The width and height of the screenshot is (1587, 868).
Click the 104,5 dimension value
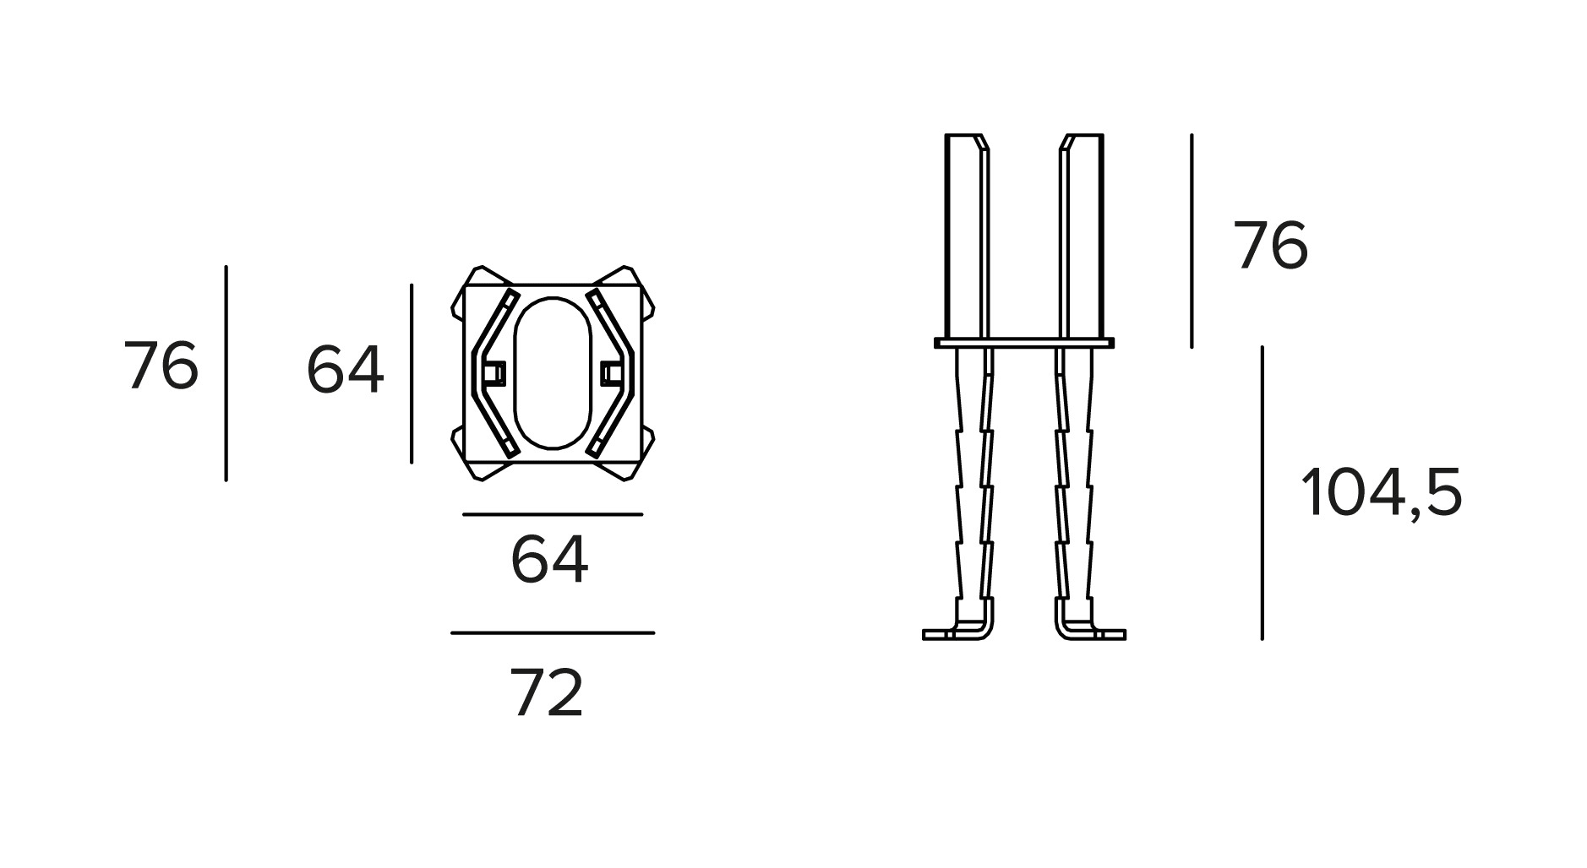(1381, 493)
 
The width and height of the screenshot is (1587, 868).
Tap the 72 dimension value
(548, 693)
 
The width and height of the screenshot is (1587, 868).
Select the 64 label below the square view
(549, 560)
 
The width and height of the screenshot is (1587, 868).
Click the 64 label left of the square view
(345, 371)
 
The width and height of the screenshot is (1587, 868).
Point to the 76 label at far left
(161, 366)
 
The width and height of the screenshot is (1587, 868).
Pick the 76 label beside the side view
(1270, 246)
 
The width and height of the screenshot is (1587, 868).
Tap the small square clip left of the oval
(493, 372)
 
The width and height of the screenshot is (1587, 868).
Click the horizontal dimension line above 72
(553, 632)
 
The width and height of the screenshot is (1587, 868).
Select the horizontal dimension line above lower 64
(553, 513)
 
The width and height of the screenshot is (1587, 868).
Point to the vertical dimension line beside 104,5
(1262, 493)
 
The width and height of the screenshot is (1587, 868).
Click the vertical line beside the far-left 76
(226, 373)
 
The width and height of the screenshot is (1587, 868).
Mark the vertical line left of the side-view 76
(1192, 241)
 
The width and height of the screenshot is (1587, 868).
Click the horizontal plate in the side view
(1023, 343)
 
